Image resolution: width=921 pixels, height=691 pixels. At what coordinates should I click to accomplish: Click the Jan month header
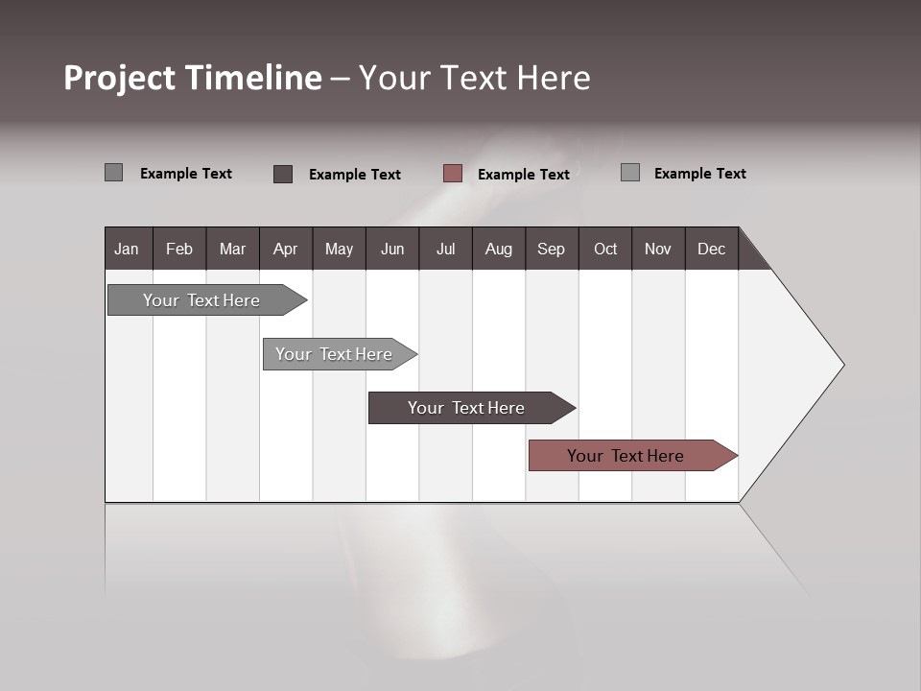128,249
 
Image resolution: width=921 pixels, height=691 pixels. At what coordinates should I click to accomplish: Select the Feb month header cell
179,249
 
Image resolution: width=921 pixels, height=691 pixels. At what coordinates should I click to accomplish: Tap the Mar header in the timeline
232,249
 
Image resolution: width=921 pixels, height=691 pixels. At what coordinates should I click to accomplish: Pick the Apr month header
285,249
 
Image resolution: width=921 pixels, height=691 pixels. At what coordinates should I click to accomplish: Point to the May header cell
339,249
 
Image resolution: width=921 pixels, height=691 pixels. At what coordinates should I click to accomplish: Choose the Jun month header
392,249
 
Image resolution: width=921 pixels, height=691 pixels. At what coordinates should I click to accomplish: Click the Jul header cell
445,249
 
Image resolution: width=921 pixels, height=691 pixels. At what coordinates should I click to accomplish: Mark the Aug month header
499,249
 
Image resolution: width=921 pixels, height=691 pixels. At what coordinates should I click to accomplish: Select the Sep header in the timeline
552,249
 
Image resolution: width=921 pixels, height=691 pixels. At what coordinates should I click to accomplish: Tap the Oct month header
605,249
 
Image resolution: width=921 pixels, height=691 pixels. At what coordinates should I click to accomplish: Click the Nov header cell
658,249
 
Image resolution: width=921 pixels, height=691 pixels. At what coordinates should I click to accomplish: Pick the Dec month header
712,249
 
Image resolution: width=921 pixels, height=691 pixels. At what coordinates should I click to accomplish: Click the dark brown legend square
283,174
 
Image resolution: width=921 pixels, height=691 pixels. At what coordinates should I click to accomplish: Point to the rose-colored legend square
453,174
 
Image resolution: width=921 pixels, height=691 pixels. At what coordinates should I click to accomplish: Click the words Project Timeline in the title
193,78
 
